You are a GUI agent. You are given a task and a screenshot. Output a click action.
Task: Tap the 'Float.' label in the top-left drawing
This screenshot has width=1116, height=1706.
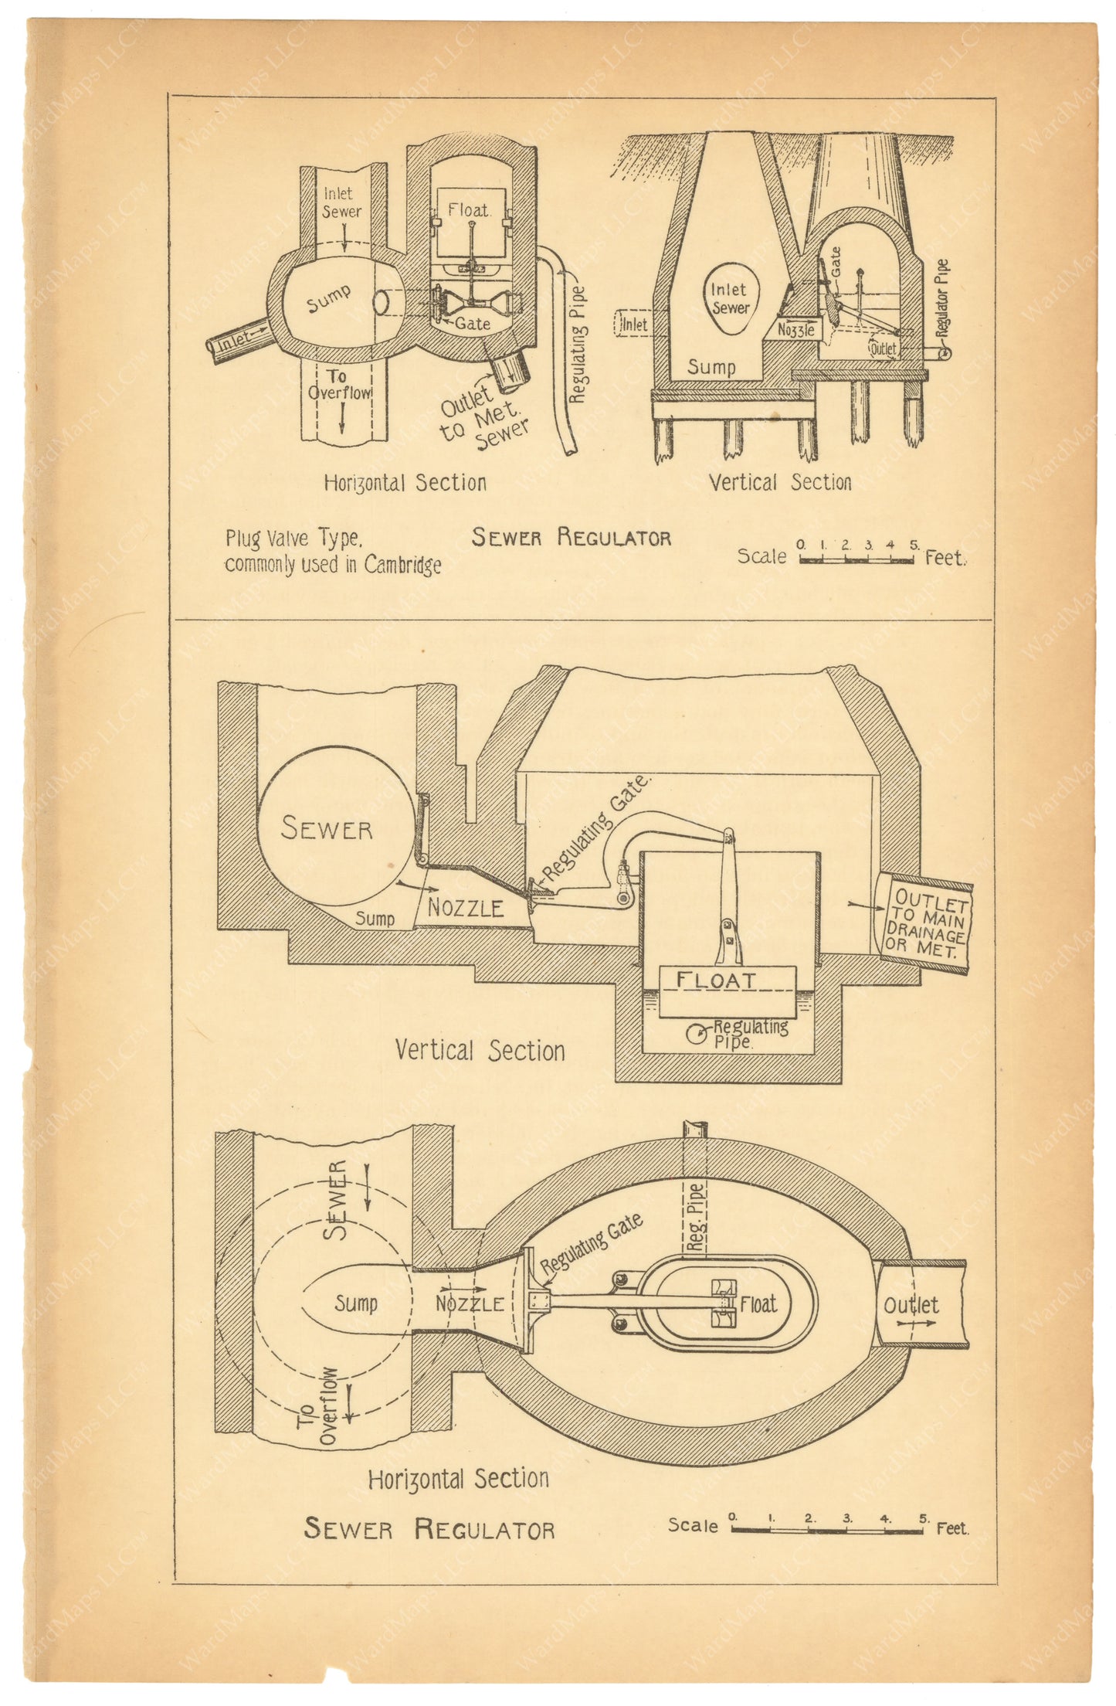click(469, 210)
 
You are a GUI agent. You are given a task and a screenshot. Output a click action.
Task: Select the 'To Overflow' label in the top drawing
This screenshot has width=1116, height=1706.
click(339, 385)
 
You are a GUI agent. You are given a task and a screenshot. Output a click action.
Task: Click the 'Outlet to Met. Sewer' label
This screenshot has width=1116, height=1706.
click(483, 417)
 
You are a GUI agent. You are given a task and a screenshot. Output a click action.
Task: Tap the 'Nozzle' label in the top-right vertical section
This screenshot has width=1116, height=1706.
click(795, 329)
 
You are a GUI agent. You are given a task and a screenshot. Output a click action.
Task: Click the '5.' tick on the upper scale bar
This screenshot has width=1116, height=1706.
click(914, 545)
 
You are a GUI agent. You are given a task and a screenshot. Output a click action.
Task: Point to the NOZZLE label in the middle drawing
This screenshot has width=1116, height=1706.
click(466, 908)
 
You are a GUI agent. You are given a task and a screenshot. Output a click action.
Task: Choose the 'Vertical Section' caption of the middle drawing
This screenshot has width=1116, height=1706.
click(480, 1050)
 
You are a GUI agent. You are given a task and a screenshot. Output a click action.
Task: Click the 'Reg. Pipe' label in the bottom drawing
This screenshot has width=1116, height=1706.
click(696, 1218)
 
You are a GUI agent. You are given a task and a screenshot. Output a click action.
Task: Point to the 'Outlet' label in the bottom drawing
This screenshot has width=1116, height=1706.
click(911, 1305)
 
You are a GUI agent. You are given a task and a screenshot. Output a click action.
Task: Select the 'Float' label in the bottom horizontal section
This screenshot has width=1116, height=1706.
click(758, 1304)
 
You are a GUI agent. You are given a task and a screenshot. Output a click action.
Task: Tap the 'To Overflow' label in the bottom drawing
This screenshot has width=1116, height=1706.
click(328, 1405)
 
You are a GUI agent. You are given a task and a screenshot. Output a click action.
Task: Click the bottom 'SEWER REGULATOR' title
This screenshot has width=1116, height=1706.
click(429, 1528)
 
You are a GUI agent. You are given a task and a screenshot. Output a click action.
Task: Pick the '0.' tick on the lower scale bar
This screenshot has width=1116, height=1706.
click(733, 1517)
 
